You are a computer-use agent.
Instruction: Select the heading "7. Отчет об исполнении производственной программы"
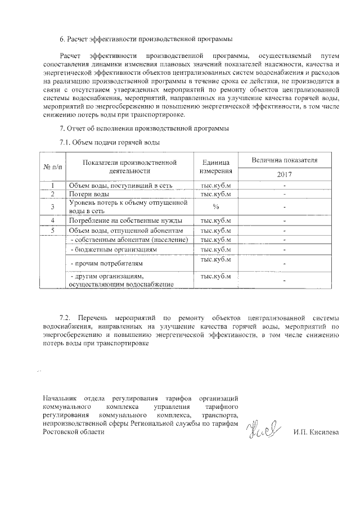pos(144,129)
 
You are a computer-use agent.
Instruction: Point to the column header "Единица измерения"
pos(216,166)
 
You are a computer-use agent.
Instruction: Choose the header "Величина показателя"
pos(285,160)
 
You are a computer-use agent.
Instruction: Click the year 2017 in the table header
pos(285,174)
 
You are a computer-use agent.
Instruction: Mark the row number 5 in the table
pos(52,230)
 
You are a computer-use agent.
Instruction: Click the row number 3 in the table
pos(52,207)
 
